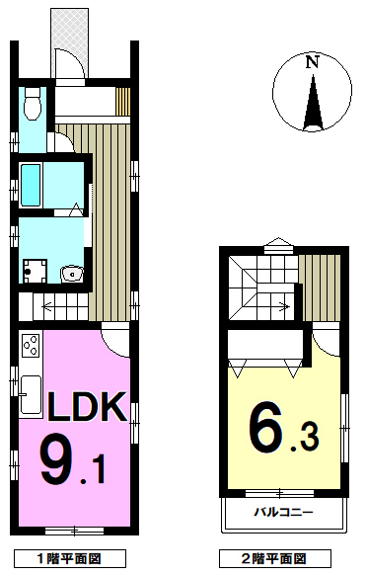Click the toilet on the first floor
33,103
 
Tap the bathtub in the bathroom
31,185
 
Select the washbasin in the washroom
72,274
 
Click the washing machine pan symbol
36,271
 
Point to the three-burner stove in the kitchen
31,345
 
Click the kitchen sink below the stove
31,394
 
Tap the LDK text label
87,406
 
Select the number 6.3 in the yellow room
283,429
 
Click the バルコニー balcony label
284,512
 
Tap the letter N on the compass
312,62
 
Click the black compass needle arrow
313,103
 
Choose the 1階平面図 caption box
69,559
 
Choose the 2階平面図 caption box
275,559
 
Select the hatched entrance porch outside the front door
69,42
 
